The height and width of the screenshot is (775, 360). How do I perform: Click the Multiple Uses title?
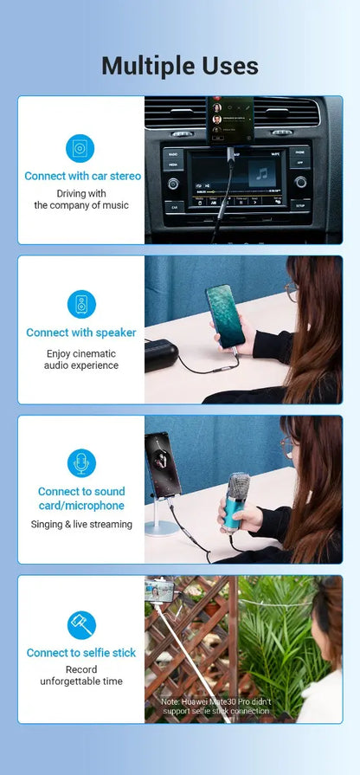point(180,66)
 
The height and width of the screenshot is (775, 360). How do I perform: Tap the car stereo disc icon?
point(80,148)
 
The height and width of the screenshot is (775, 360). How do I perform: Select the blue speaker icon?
point(81,304)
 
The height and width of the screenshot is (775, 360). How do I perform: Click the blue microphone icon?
point(81,463)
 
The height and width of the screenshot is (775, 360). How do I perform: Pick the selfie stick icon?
point(81,625)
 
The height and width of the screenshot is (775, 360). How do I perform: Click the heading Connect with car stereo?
point(82,176)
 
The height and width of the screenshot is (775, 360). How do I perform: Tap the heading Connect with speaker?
point(81,333)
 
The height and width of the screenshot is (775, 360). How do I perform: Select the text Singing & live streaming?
point(81,524)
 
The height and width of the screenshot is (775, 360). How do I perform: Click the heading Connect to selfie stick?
point(81,653)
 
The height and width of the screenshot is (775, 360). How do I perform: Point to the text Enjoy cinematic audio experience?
point(81,359)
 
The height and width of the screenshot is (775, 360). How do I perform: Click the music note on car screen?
point(262,173)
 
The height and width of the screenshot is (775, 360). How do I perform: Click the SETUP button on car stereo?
point(300,204)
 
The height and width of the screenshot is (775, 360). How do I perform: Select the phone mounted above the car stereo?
point(230,120)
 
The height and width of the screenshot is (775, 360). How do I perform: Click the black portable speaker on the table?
point(161,355)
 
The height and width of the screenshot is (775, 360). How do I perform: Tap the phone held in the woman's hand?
point(225,315)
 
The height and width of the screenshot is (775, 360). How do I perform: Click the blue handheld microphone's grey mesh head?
point(239,486)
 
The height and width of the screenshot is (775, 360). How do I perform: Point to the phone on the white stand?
point(163,465)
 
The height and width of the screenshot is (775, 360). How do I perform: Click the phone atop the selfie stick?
point(159,591)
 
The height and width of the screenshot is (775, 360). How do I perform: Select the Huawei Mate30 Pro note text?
point(216,707)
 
